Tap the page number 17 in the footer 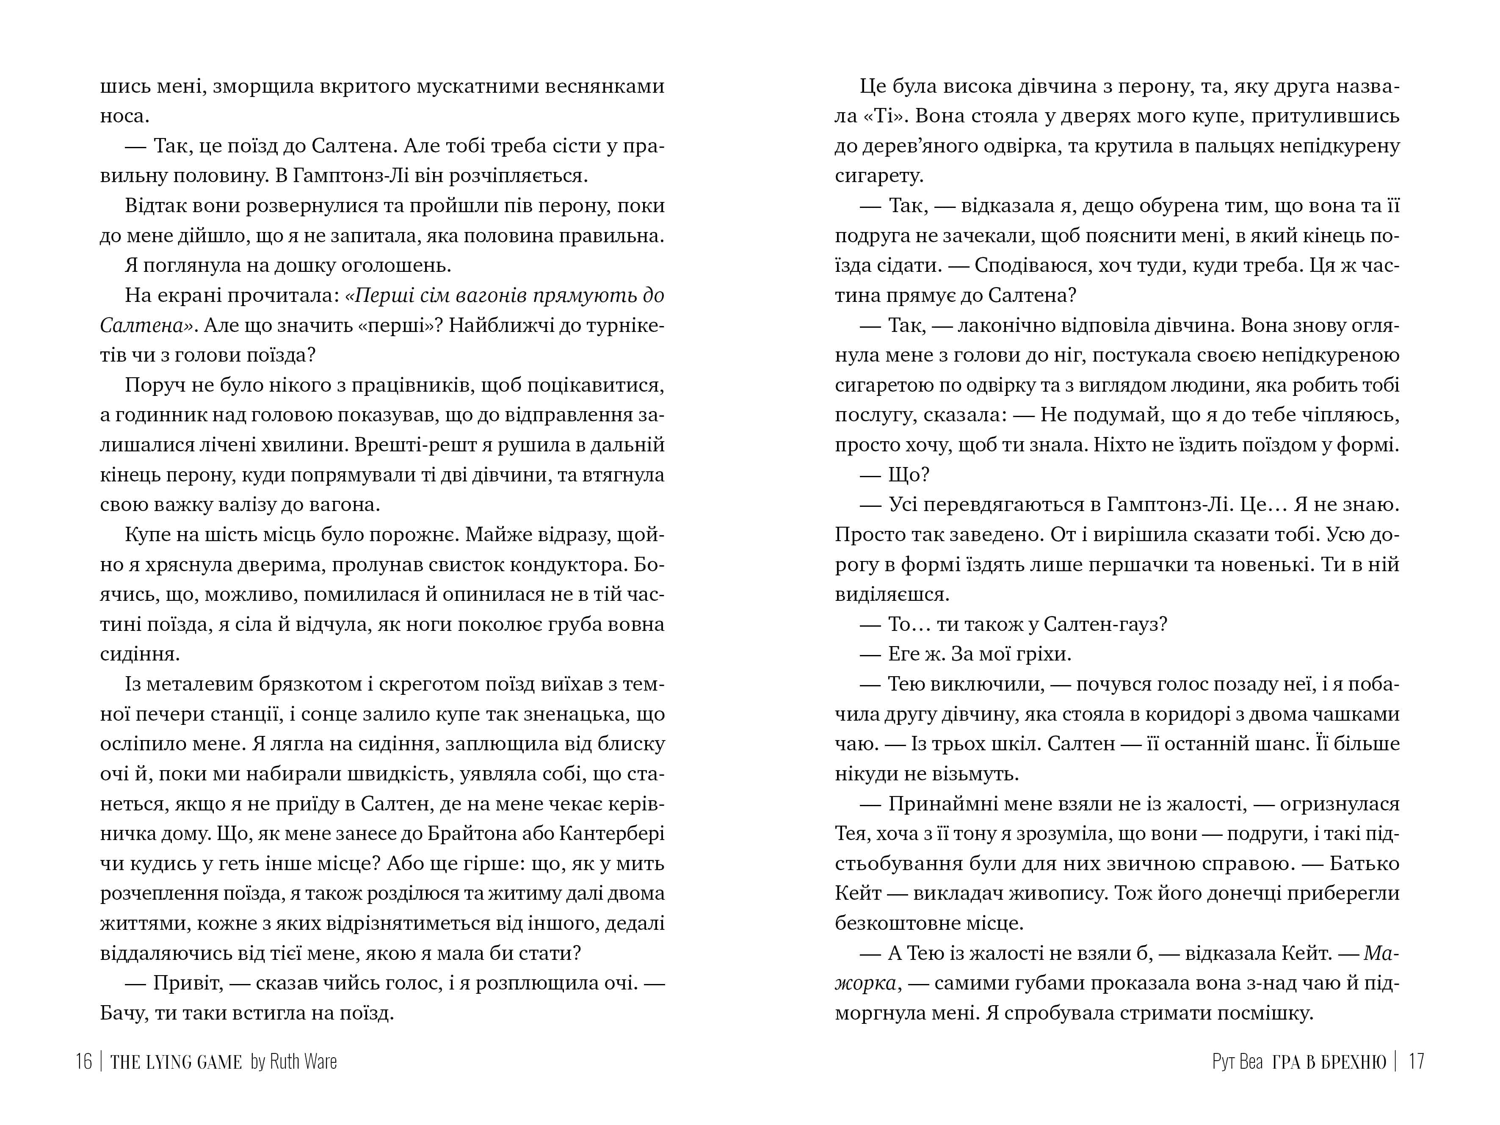tap(1416, 1061)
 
